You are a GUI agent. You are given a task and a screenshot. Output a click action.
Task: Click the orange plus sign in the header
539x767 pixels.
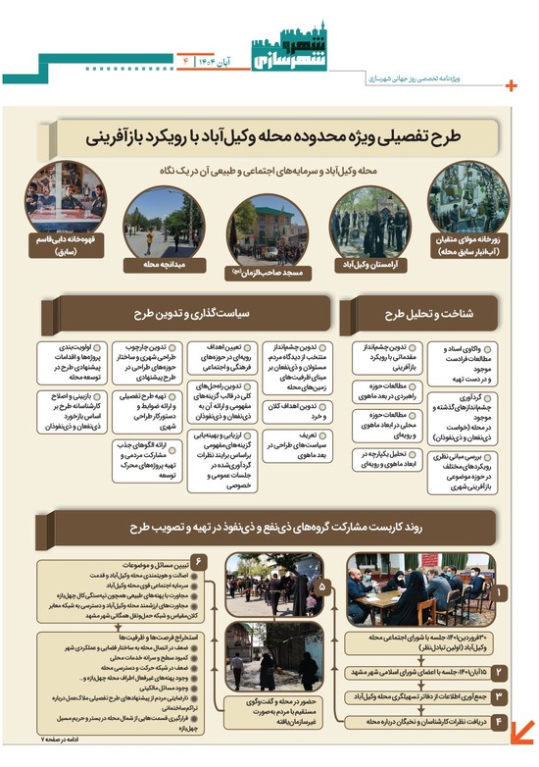pos(511,85)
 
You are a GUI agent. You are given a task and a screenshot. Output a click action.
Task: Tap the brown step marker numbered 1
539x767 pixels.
pos(501,592)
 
